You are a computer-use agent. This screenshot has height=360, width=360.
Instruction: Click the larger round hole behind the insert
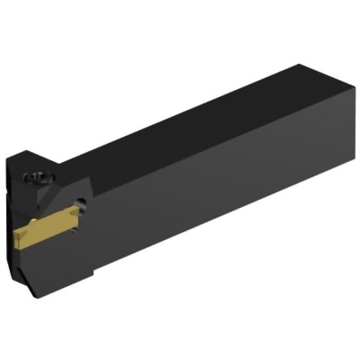[81, 206]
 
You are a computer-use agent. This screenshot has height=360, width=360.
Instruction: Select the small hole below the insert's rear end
[73, 225]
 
